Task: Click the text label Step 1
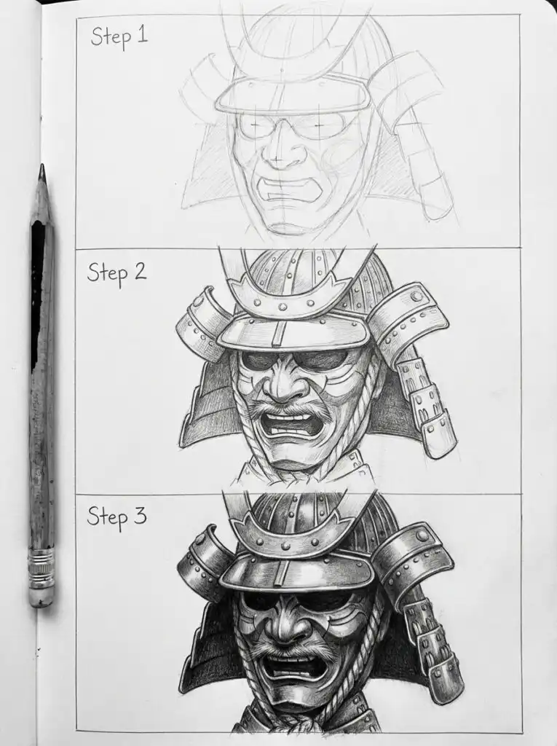tap(119, 36)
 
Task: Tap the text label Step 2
tap(116, 272)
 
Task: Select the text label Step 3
tap(116, 517)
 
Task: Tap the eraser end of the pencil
tap(42, 597)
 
